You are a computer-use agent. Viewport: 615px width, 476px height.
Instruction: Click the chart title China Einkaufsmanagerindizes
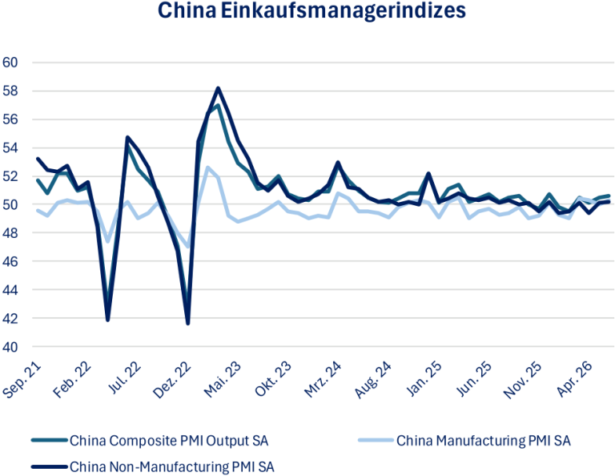click(x=312, y=10)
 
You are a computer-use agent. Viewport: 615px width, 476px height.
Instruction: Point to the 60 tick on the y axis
click(x=10, y=63)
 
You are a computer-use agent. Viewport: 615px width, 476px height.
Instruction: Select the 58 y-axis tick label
click(x=10, y=91)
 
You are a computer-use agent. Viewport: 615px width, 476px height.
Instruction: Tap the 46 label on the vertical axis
click(x=10, y=261)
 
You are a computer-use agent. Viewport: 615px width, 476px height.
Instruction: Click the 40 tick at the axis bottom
click(x=10, y=347)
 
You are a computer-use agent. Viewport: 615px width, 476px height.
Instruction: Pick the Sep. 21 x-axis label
click(x=22, y=380)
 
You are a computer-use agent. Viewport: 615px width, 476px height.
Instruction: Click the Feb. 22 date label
click(x=72, y=380)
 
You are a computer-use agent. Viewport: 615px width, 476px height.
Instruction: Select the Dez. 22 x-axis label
click(x=172, y=380)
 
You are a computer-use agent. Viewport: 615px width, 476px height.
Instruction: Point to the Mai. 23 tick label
click(x=223, y=380)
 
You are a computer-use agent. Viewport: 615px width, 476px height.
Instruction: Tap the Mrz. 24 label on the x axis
click(x=323, y=380)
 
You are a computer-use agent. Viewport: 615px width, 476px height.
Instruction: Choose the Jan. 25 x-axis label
click(x=424, y=380)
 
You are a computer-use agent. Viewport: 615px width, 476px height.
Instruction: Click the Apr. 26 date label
click(x=574, y=380)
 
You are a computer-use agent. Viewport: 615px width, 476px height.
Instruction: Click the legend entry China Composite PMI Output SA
click(x=169, y=441)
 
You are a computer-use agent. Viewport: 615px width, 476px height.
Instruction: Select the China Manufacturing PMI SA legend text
click(x=484, y=441)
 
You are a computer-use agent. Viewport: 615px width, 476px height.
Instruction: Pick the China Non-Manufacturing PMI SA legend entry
click(x=172, y=467)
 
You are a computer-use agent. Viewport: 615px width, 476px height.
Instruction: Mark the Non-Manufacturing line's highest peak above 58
click(x=218, y=88)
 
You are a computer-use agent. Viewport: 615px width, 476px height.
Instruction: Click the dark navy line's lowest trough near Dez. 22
click(x=188, y=324)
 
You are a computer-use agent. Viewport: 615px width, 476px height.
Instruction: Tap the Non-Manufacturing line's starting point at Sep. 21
click(x=38, y=159)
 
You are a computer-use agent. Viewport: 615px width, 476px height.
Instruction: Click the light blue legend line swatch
click(x=376, y=441)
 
